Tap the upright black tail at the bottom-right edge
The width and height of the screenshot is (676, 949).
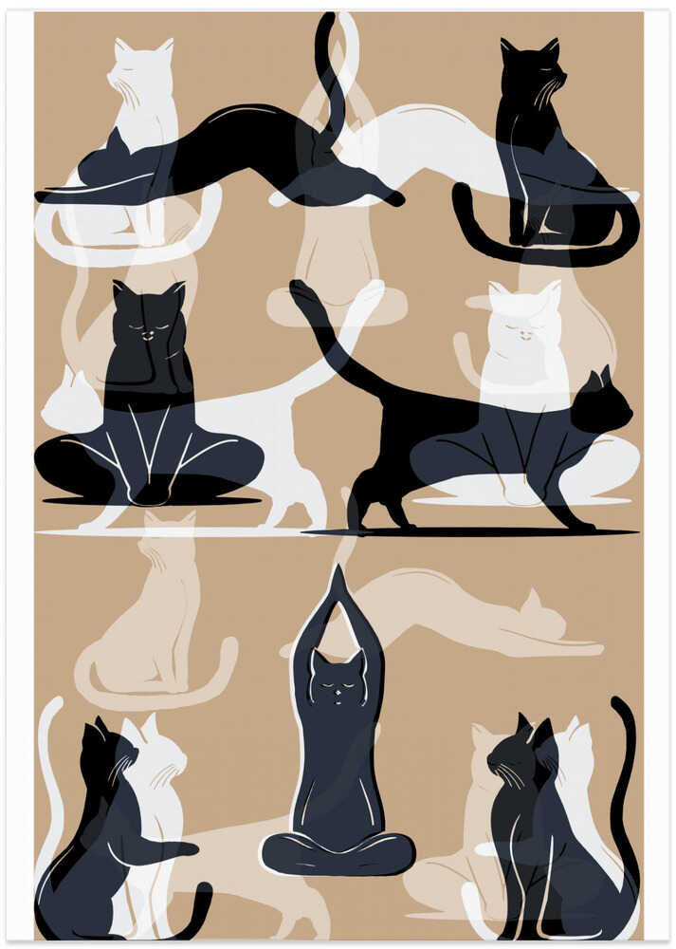tap(627, 759)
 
